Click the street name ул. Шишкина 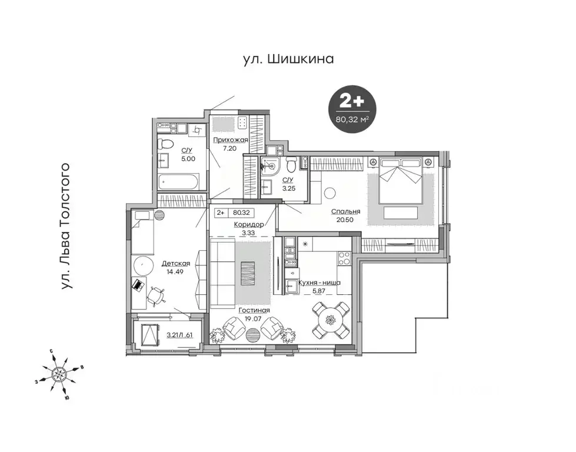(x=288, y=59)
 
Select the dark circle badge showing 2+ (x=352, y=108)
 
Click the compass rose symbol (x=59, y=373)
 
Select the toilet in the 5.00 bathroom (x=167, y=143)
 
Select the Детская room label (x=175, y=263)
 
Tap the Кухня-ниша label (x=319, y=283)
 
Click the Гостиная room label (x=254, y=310)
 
